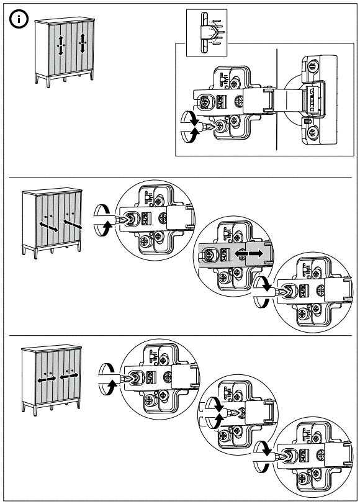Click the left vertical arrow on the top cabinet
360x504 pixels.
[60, 45]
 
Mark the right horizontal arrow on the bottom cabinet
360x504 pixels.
[68, 377]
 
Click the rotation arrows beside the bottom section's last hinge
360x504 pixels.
[263, 457]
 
